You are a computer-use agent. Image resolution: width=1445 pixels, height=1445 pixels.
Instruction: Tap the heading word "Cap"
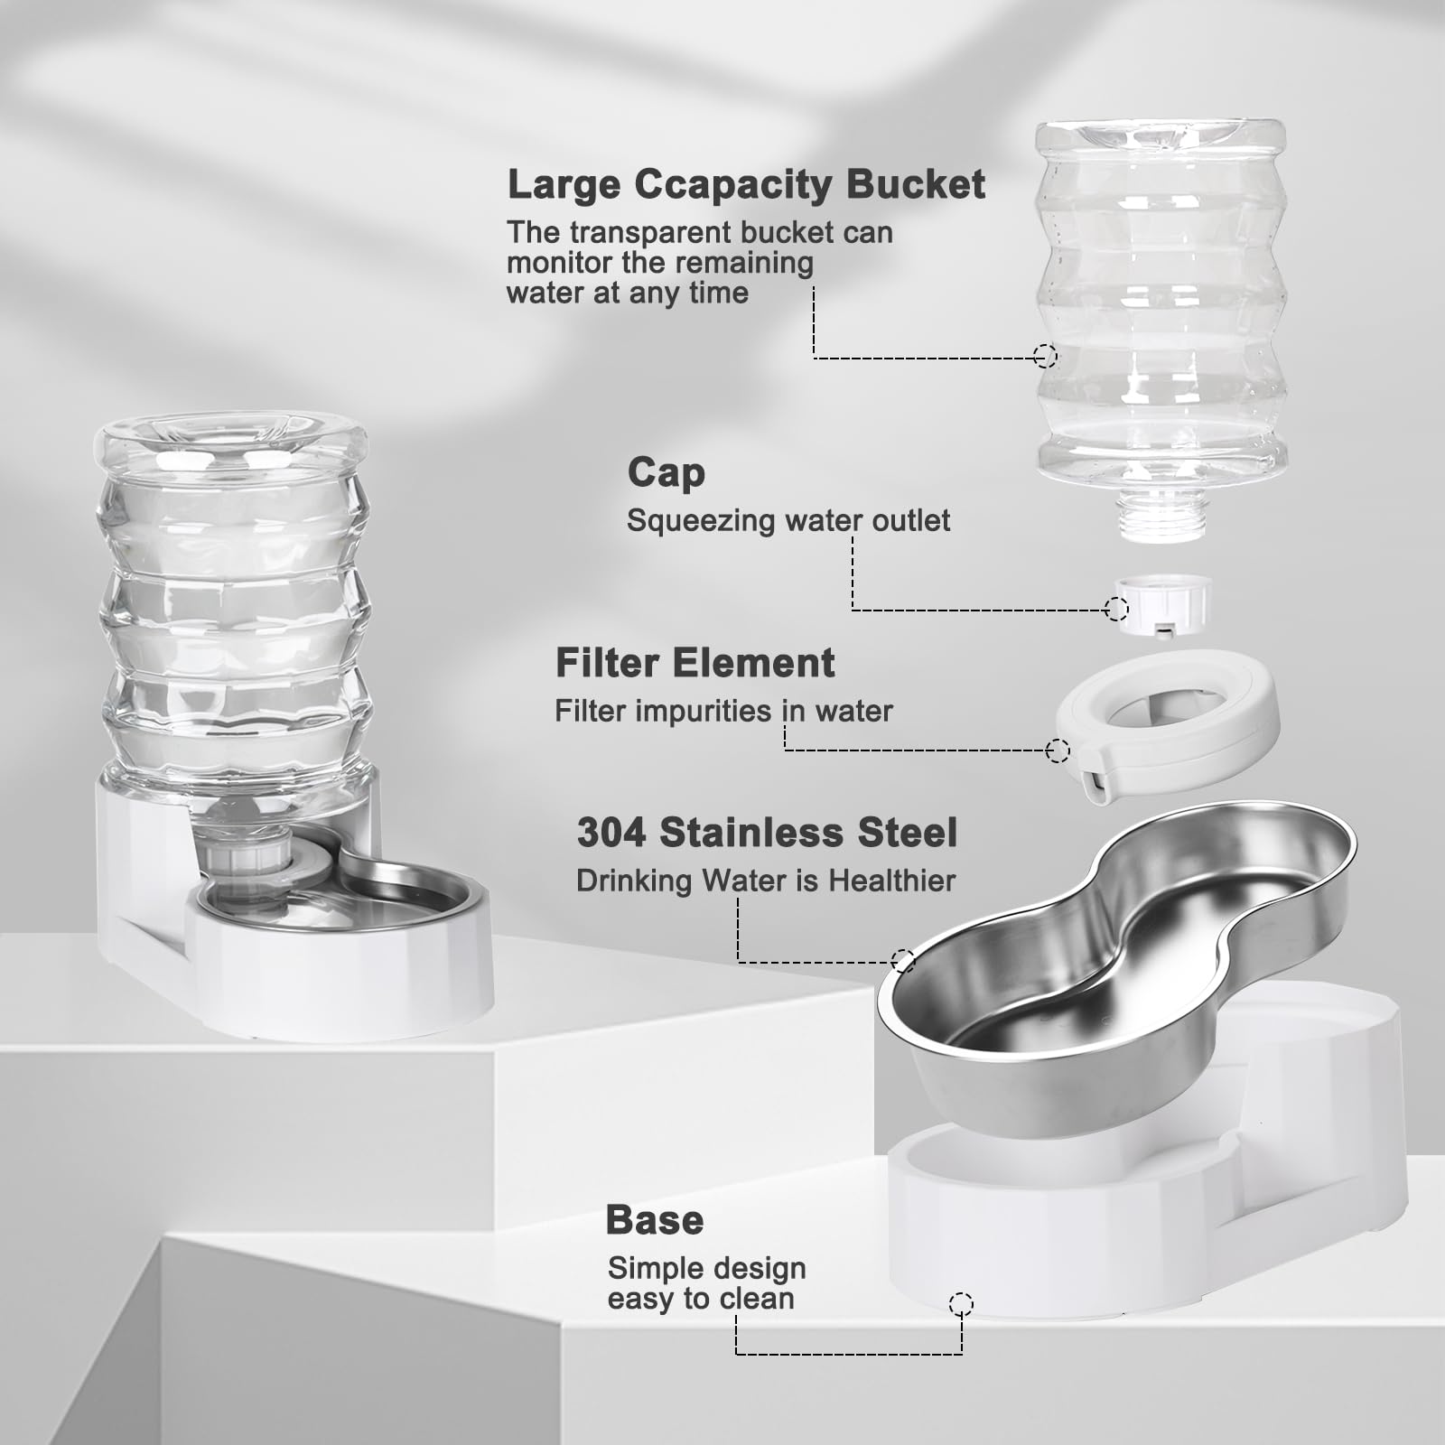pos(667,473)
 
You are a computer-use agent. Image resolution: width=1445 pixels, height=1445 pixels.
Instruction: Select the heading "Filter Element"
pos(695,663)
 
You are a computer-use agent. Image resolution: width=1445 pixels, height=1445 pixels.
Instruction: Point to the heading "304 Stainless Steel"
pos(767,833)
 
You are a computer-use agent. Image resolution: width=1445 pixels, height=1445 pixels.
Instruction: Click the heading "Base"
pos(655,1220)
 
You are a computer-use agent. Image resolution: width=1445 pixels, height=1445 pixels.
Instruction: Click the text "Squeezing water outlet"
pos(788,521)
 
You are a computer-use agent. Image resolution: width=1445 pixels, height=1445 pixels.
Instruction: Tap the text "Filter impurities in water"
pos(723,712)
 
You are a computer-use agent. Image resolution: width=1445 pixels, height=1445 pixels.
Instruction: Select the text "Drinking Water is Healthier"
pos(766,881)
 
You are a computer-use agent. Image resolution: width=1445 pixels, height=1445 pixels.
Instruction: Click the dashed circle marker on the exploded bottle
pos(1045,356)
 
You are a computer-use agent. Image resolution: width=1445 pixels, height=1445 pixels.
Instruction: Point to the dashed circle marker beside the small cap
pos(1116,610)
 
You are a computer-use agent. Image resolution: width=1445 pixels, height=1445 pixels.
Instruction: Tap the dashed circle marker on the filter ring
pos(1058,750)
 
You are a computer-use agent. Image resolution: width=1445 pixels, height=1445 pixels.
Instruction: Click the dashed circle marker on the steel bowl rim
pos(903,961)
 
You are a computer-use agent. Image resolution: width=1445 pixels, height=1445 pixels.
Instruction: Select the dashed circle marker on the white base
pos(962,1303)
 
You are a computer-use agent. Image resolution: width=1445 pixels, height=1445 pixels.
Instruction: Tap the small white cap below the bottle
pos(1161,604)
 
